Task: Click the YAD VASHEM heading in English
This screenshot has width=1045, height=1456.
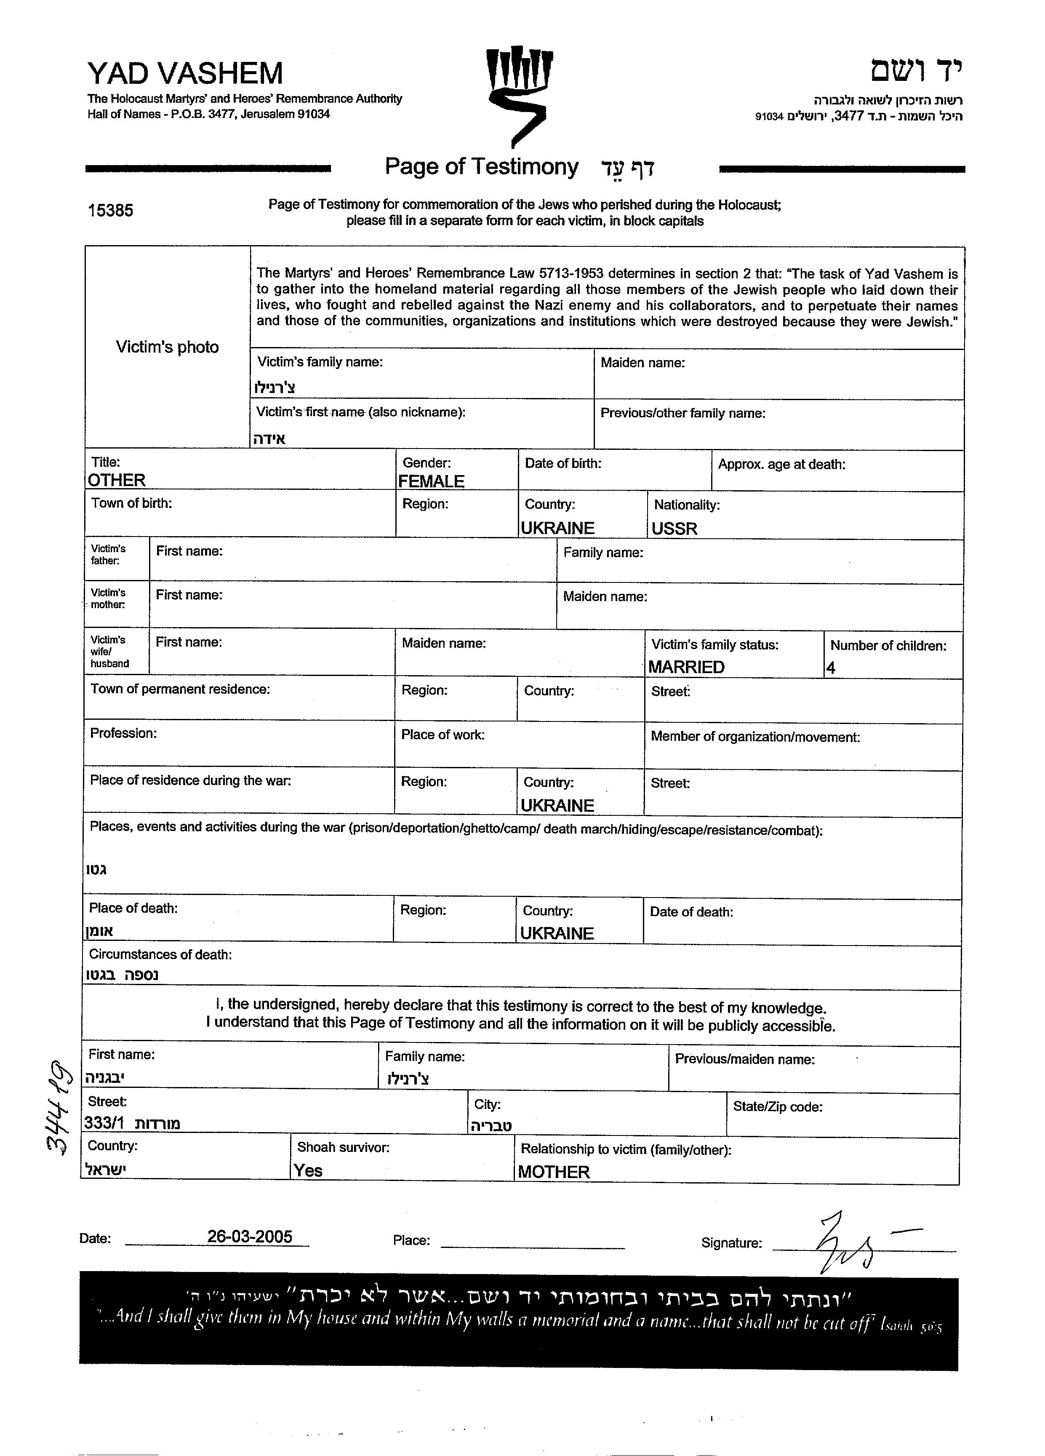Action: (185, 73)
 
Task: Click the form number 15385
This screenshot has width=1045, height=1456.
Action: (110, 211)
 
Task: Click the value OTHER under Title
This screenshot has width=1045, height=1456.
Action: (117, 480)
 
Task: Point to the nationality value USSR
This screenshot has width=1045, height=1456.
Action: (674, 528)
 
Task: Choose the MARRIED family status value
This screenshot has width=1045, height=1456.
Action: (686, 667)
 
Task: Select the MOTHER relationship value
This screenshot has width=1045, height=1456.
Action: (553, 1172)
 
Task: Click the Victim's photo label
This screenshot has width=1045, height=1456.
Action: (167, 347)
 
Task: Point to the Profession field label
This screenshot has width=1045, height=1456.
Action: (123, 733)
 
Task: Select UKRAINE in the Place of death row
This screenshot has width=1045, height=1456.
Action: (557, 933)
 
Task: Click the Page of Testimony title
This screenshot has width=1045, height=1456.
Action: (481, 167)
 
